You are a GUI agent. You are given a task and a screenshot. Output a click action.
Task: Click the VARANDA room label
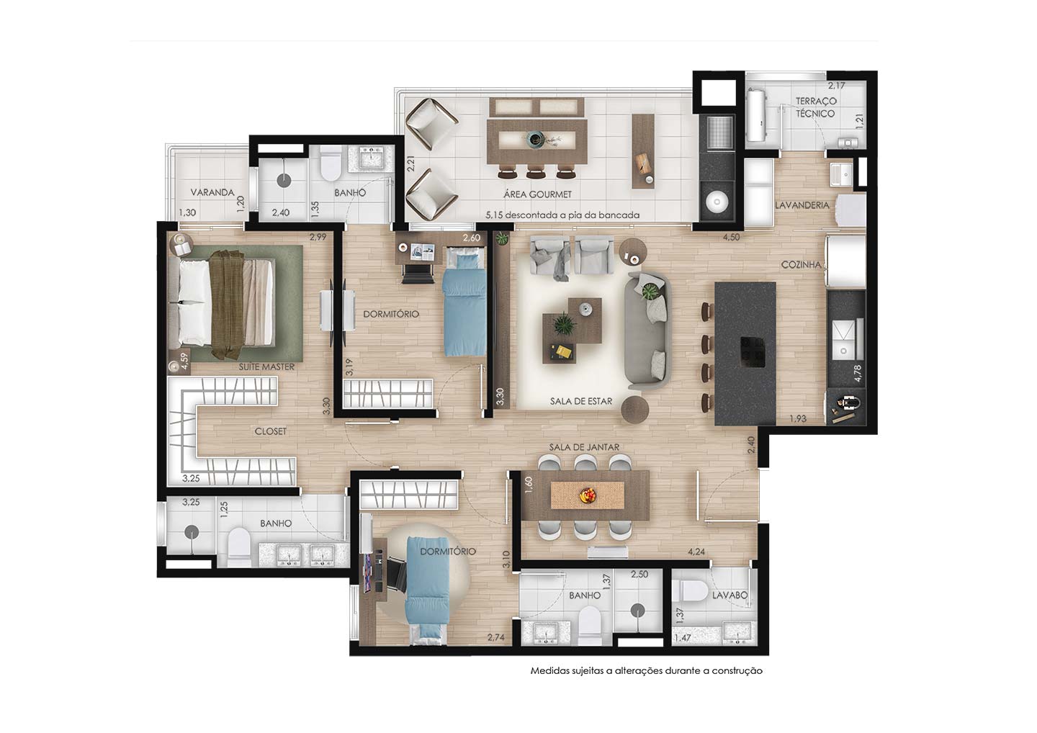[x=212, y=192]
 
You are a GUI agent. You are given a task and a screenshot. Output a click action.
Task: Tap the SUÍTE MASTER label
[x=266, y=367]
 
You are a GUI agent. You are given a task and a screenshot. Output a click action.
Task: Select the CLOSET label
[x=270, y=431]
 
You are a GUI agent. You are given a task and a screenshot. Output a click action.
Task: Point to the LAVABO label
[x=730, y=595]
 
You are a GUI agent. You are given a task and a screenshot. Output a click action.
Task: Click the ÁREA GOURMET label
[x=537, y=194]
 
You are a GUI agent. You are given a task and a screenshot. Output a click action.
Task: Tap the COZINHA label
[x=802, y=265]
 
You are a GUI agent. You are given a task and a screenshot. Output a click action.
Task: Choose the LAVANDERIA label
[x=802, y=205]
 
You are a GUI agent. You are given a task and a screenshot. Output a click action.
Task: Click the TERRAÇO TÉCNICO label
[x=816, y=107]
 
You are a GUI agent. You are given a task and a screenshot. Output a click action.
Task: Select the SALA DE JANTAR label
[x=584, y=447]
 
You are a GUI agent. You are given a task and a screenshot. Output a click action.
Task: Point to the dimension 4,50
[x=732, y=238]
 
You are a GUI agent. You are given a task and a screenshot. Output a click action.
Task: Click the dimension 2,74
[x=495, y=637]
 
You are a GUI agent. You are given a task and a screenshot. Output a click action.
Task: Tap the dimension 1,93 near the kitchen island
[x=798, y=419]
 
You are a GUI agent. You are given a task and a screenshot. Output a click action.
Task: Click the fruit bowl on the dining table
[x=588, y=495]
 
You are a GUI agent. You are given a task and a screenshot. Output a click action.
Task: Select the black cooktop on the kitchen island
[x=753, y=352]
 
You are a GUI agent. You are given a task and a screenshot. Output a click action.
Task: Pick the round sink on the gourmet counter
[x=717, y=202]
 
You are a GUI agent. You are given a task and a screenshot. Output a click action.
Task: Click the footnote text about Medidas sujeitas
[x=646, y=670]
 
